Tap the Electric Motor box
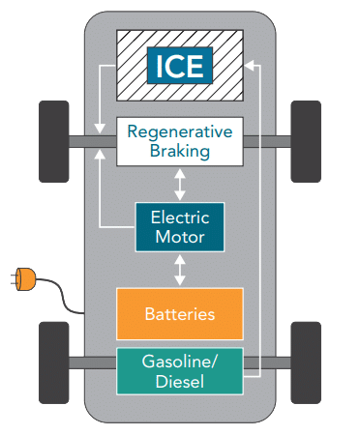click(x=179, y=226)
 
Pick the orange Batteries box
click(x=179, y=314)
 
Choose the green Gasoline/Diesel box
click(x=179, y=370)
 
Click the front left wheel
click(x=52, y=139)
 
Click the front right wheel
click(x=306, y=139)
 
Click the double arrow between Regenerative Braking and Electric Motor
click(x=179, y=183)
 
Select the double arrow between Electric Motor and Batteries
click(x=179, y=271)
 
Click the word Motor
click(x=179, y=237)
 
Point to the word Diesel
click(x=179, y=381)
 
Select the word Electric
click(x=179, y=217)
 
